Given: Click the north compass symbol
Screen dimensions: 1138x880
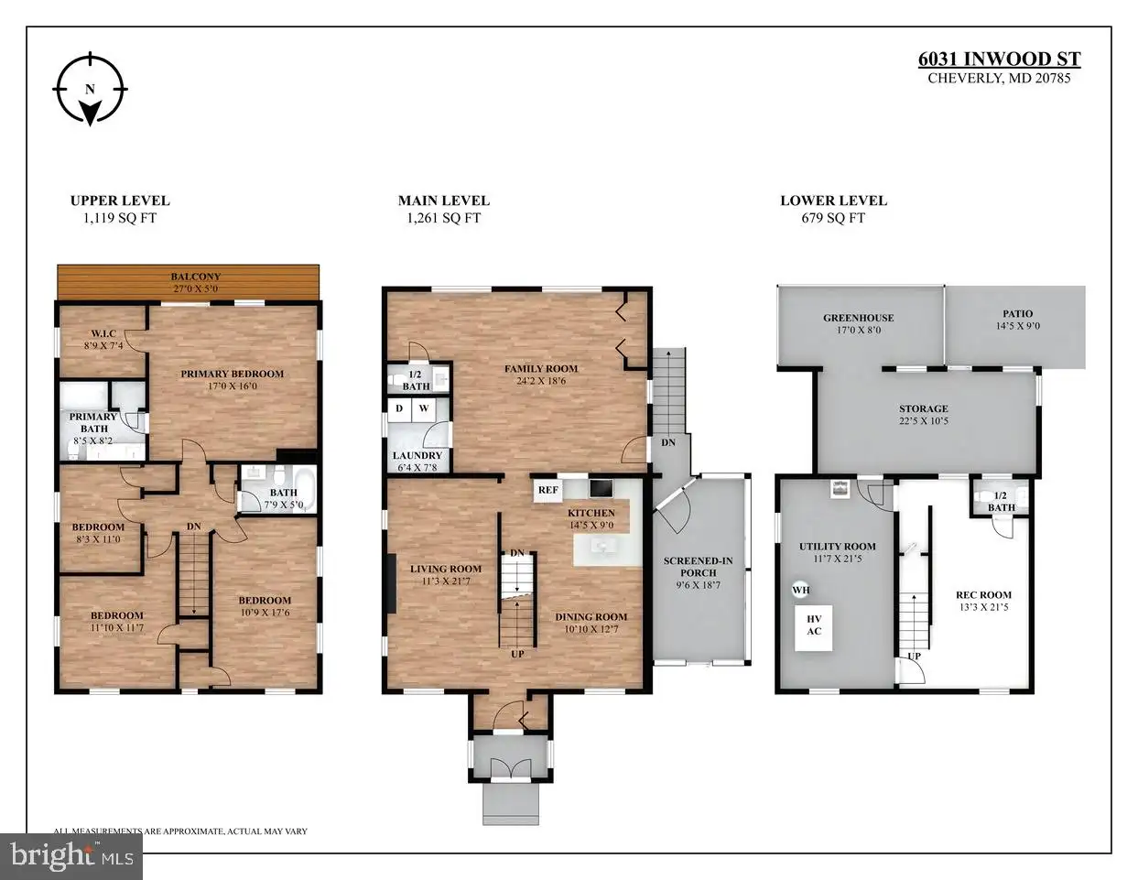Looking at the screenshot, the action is (90, 89).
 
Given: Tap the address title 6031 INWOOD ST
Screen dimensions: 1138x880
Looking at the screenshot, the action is (999, 60).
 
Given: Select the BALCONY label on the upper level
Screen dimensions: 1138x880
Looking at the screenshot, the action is (196, 276).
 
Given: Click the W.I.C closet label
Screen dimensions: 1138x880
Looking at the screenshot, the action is (103, 333).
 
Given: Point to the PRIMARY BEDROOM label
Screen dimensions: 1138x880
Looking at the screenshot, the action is (232, 374).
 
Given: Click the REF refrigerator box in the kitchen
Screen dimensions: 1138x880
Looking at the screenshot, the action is (547, 490).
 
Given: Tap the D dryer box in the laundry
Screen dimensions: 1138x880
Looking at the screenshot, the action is (399, 409).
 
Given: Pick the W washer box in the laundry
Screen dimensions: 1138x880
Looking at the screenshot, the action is (424, 409).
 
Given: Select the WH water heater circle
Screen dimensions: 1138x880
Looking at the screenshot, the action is (801, 590).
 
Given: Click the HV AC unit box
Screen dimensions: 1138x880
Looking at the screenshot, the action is (814, 628).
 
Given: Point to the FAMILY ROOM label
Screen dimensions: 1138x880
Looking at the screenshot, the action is (541, 368).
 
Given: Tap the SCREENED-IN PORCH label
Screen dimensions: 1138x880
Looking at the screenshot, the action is (699, 566).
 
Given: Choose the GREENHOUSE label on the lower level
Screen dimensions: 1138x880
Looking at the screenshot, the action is (859, 318).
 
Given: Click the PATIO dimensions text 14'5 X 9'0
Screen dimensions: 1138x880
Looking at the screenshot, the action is (1017, 326).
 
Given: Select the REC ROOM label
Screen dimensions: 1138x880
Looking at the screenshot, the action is (983, 594).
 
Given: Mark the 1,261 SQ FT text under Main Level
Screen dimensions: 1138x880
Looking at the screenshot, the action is (444, 218).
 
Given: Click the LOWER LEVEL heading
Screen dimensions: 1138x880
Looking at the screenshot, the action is (834, 201).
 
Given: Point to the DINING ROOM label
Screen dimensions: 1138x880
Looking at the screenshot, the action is (591, 617).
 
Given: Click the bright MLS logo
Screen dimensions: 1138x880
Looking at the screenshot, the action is (71, 857).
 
